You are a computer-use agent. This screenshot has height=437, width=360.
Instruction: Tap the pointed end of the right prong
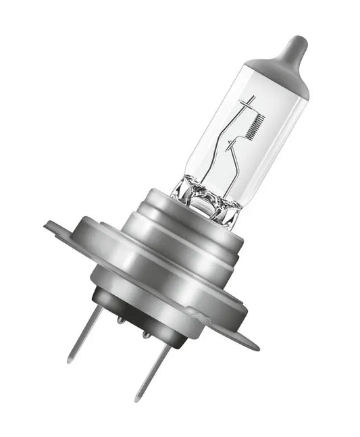pyautogui.click(x=137, y=399)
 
